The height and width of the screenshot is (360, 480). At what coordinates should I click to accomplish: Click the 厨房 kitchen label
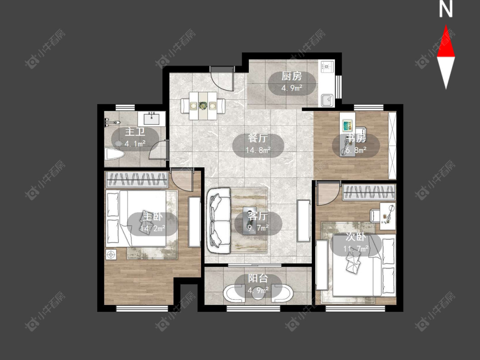click(292, 75)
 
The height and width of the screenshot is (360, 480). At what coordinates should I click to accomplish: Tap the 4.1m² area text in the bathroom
click(135, 143)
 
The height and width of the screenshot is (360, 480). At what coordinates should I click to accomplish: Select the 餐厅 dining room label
click(258, 138)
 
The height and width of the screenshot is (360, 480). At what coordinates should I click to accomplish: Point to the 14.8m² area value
click(258, 150)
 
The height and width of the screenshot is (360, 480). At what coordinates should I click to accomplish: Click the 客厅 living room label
click(258, 216)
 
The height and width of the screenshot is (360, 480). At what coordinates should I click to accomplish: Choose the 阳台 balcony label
click(258, 278)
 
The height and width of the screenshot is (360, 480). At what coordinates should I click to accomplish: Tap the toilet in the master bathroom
click(114, 154)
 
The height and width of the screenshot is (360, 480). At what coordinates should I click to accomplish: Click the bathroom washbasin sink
click(151, 118)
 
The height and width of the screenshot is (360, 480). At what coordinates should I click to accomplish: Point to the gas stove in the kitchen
click(327, 67)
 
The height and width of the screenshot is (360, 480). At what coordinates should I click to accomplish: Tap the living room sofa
click(218, 221)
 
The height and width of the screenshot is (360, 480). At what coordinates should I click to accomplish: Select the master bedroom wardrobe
click(137, 180)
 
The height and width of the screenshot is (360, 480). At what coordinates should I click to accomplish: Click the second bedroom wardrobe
click(369, 192)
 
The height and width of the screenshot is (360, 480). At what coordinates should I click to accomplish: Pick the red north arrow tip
click(446, 26)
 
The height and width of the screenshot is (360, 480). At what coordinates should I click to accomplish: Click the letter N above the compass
click(446, 9)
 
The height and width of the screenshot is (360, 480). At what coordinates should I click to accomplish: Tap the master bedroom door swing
click(182, 180)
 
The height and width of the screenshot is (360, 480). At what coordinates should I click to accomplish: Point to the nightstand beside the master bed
click(111, 254)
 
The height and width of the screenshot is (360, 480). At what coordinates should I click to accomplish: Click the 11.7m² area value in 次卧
click(356, 249)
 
